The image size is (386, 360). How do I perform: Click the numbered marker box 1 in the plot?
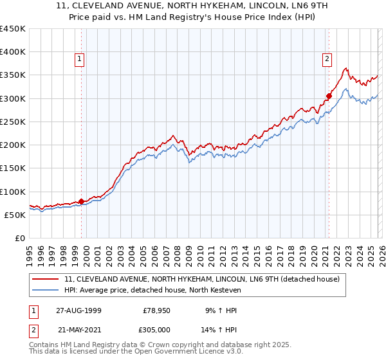pos(80,59)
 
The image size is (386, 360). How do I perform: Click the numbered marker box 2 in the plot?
pos(327,59)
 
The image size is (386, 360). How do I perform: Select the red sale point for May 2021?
pos(329,96)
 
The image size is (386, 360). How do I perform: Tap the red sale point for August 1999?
pos(82,201)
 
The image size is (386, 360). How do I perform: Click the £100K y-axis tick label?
pos(13,192)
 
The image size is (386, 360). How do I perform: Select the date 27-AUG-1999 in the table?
pos(78,310)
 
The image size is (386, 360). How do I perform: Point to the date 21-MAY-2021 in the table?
pos(78,328)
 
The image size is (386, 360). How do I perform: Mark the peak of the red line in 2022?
pos(346,67)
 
